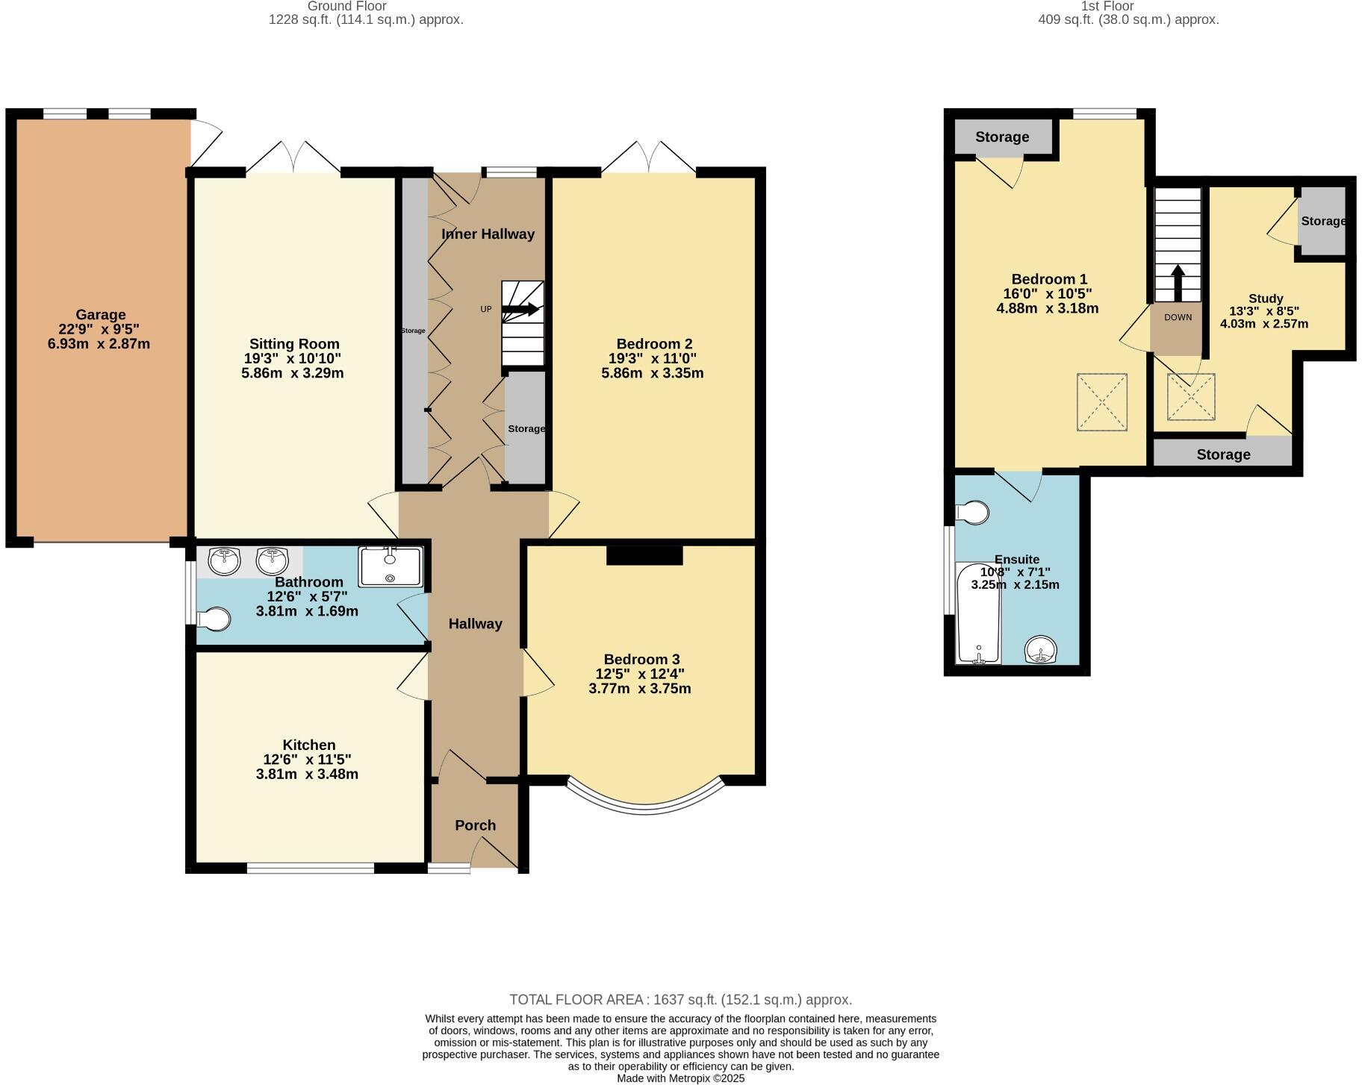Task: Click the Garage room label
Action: point(100,315)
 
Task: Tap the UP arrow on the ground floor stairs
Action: point(523,310)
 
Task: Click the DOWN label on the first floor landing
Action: point(1178,317)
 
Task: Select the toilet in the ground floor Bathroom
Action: point(214,619)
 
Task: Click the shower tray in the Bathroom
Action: point(390,566)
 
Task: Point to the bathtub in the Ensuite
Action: point(978,613)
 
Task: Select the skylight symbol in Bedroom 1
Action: point(1101,402)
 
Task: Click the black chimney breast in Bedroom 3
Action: point(644,555)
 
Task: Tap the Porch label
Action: point(475,825)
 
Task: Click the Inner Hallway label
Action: point(488,234)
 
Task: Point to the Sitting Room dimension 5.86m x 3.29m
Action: point(292,373)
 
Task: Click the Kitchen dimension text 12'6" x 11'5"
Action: point(307,760)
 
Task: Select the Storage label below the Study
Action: point(1222,454)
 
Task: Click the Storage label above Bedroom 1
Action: point(1001,137)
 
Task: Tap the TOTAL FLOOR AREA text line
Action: point(680,999)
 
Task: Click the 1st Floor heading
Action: point(1107,6)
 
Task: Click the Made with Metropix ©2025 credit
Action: point(680,1078)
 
